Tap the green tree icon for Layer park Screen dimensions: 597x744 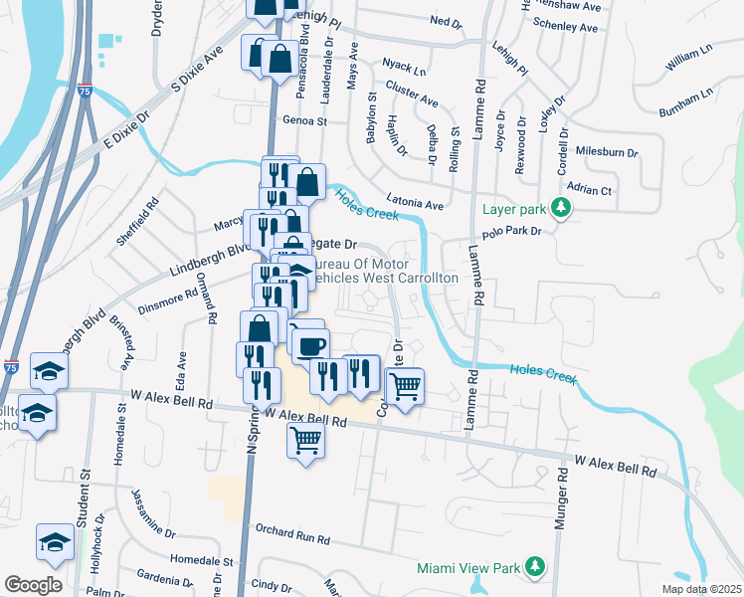click(x=562, y=208)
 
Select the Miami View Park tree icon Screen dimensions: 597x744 click(x=536, y=567)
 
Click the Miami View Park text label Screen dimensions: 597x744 click(x=469, y=568)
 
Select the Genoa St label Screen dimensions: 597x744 click(x=305, y=120)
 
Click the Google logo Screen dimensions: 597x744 click(x=33, y=585)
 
